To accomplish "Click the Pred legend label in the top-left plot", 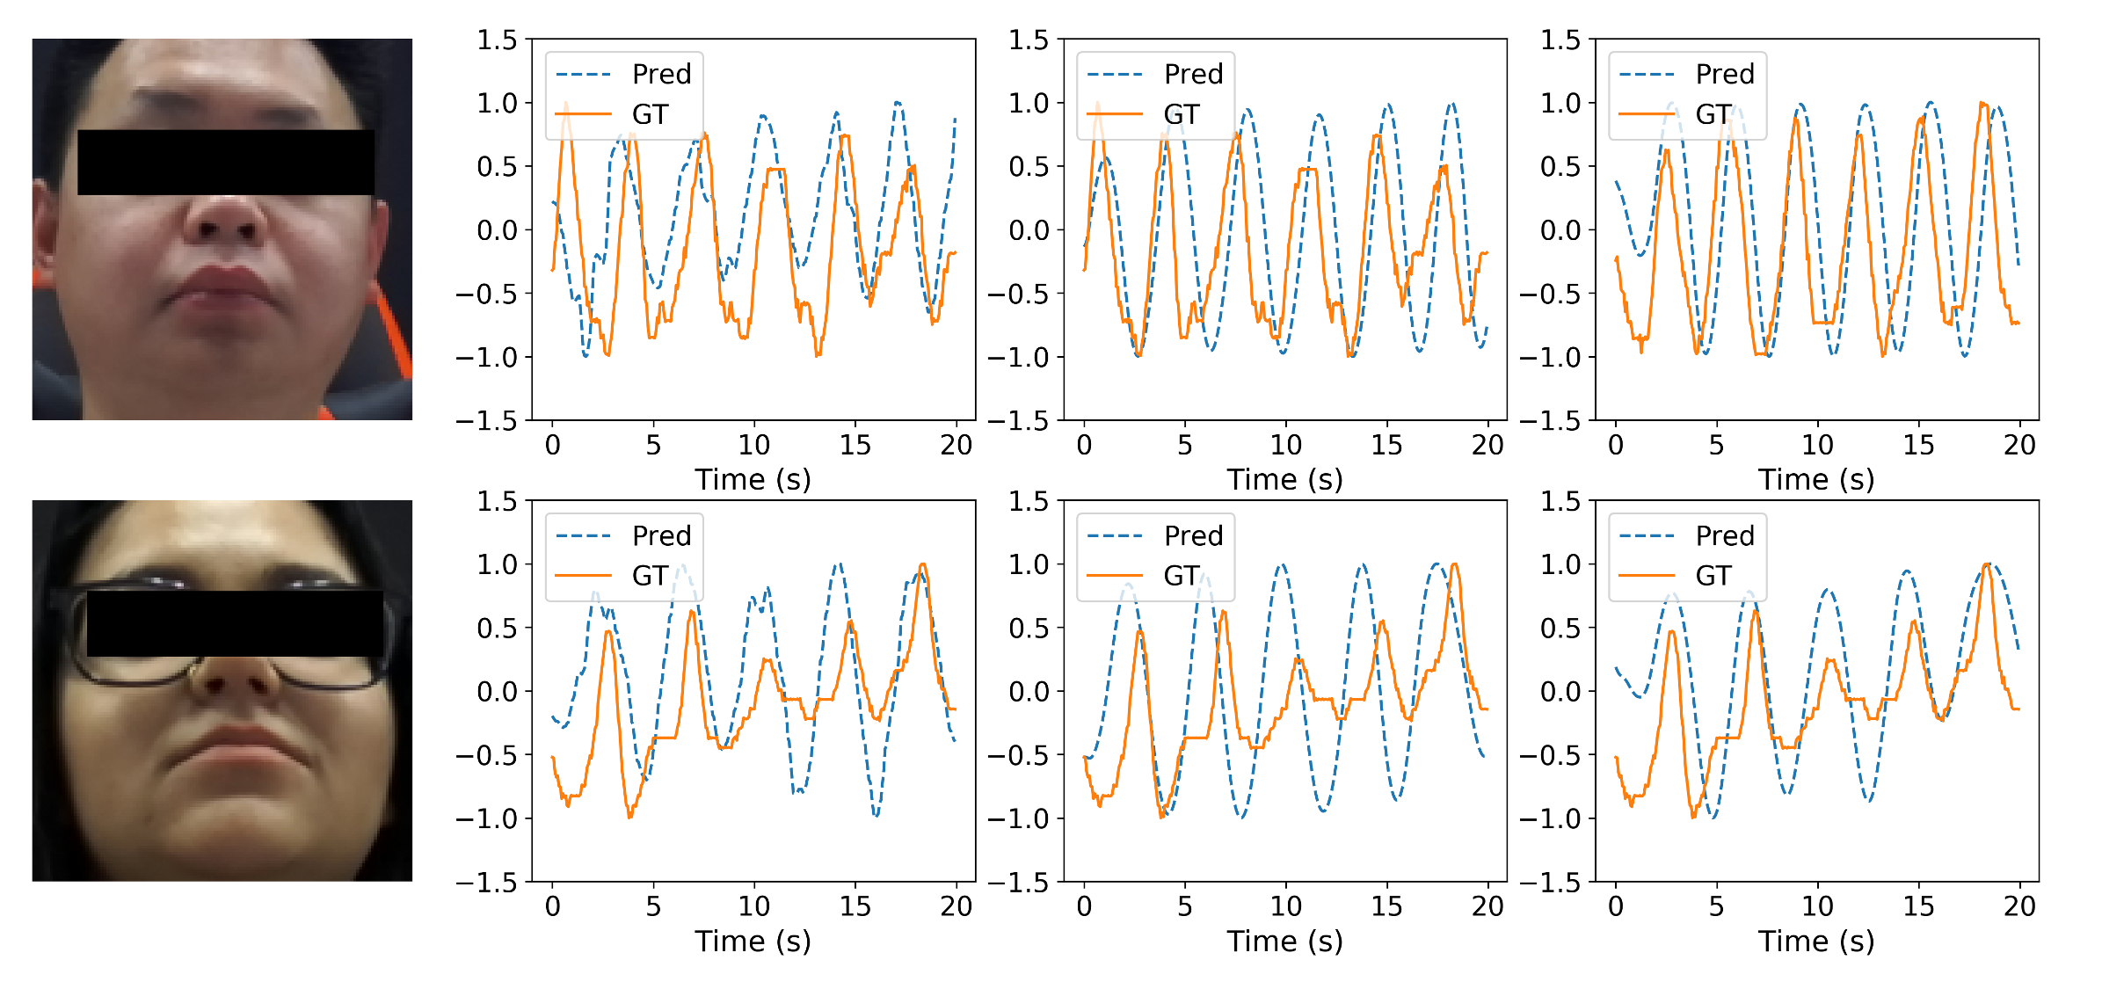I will [x=661, y=74].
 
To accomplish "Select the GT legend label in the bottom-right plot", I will [x=1713, y=576].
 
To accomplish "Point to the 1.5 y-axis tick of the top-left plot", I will [x=497, y=40].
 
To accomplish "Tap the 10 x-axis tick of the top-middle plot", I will [x=1285, y=445].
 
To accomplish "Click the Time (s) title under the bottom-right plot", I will [x=1816, y=942].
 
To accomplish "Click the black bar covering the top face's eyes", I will [x=226, y=163].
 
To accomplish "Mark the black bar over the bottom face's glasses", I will [x=235, y=623].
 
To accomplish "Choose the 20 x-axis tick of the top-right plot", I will [x=2019, y=445].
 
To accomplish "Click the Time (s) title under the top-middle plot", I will [x=1284, y=480].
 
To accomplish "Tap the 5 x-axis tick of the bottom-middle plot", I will [x=1184, y=906].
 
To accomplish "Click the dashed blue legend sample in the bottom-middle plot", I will [x=1115, y=535].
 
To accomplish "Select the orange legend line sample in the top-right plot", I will [x=1647, y=114].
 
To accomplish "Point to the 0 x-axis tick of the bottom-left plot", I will [x=552, y=906].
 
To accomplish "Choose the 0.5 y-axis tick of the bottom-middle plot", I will [x=1029, y=629].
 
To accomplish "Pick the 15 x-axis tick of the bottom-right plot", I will [x=1918, y=906].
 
